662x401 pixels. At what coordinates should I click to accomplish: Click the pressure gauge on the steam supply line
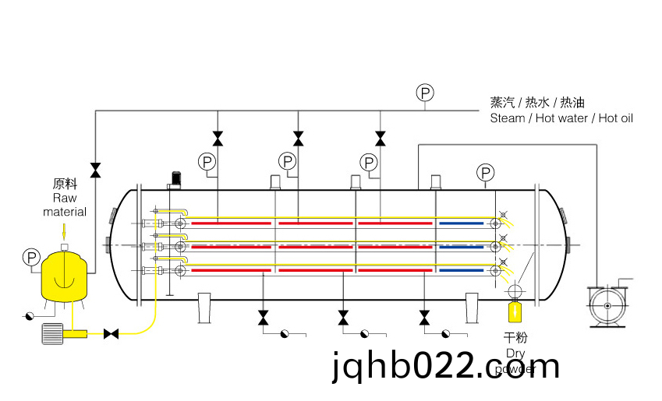click(425, 93)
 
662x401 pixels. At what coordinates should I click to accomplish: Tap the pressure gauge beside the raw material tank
click(31, 256)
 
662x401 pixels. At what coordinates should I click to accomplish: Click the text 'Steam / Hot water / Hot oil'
click(561, 118)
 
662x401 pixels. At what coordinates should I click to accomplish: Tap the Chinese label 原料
click(64, 185)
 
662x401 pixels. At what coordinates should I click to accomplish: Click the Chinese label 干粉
click(515, 338)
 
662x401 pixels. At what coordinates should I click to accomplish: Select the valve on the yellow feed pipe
click(112, 333)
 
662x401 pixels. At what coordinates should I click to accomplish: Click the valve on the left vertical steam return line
click(95, 170)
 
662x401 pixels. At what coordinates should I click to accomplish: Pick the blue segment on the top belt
click(460, 223)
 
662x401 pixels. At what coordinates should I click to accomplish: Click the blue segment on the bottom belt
click(460, 270)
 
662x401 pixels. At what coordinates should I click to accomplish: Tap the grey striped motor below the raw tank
click(52, 333)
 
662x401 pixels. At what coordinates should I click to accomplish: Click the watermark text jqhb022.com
click(445, 365)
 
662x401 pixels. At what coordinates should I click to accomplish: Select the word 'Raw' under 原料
click(65, 199)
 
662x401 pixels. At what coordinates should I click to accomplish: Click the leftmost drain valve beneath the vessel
click(263, 318)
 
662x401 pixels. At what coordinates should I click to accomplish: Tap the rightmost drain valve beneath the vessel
click(424, 318)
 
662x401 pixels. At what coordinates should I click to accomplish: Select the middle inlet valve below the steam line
click(298, 139)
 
